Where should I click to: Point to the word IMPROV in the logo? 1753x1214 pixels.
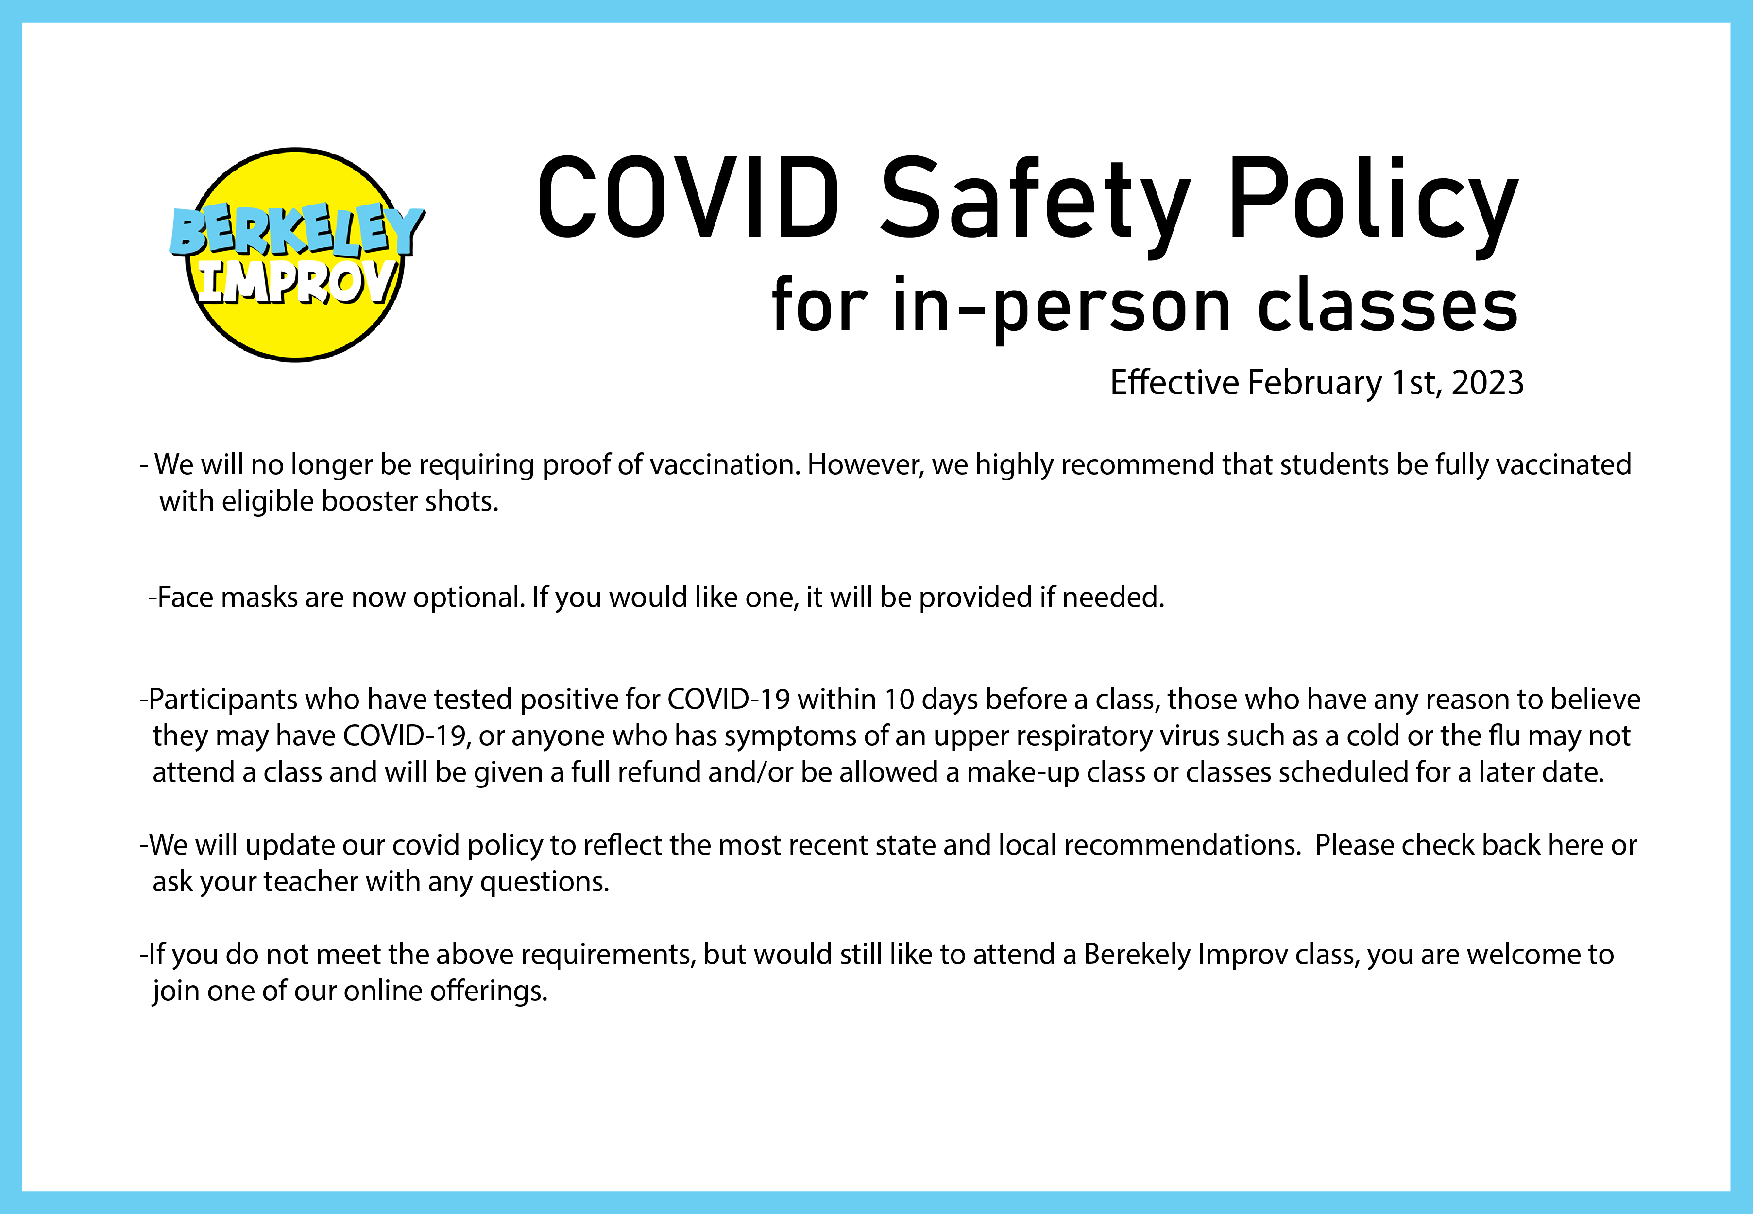click(297, 281)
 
